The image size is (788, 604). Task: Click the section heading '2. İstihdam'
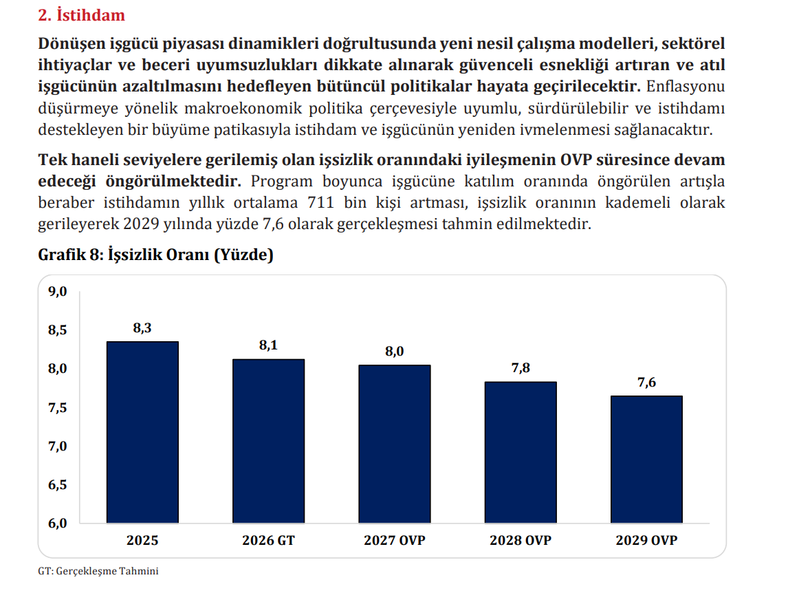[x=81, y=15]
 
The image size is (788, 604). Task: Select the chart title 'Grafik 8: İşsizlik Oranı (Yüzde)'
[x=156, y=255]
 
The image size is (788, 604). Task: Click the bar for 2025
[x=143, y=433]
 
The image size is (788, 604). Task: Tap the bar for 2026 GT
[x=268, y=441]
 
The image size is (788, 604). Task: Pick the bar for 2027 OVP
[x=395, y=444]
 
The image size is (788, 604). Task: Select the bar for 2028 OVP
[x=521, y=453]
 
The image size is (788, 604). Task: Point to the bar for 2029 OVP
[x=647, y=460]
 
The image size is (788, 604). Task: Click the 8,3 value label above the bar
[x=142, y=328]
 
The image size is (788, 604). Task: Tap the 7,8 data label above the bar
[x=521, y=368]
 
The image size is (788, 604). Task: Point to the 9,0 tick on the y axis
[x=57, y=291]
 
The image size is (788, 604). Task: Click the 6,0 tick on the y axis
[x=57, y=523]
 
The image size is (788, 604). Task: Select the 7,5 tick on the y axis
[x=57, y=407]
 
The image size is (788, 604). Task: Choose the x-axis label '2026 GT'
[x=268, y=540]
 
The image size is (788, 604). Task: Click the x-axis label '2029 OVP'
[x=647, y=540]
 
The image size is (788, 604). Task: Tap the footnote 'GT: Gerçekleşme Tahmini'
[x=98, y=571]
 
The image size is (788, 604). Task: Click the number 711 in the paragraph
[x=320, y=202]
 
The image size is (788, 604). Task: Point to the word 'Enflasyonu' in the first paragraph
[x=686, y=87]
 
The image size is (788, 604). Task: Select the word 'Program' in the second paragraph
[x=282, y=181]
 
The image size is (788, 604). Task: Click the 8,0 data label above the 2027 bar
[x=395, y=352]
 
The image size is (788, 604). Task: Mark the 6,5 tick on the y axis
[x=57, y=485]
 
